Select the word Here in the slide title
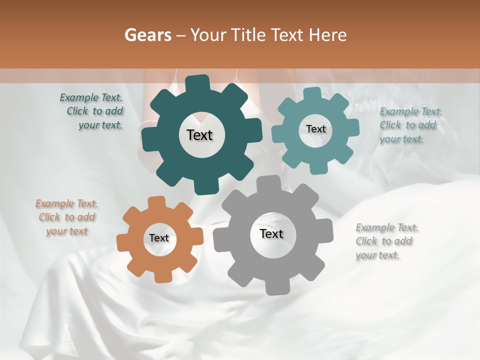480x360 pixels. [328, 35]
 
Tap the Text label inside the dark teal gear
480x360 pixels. [199, 135]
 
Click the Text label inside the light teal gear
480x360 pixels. [315, 129]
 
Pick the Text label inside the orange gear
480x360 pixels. [159, 238]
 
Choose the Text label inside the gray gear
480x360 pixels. [271, 234]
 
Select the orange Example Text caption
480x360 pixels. [66, 217]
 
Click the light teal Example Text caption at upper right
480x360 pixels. [410, 125]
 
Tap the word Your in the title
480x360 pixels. [210, 35]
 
